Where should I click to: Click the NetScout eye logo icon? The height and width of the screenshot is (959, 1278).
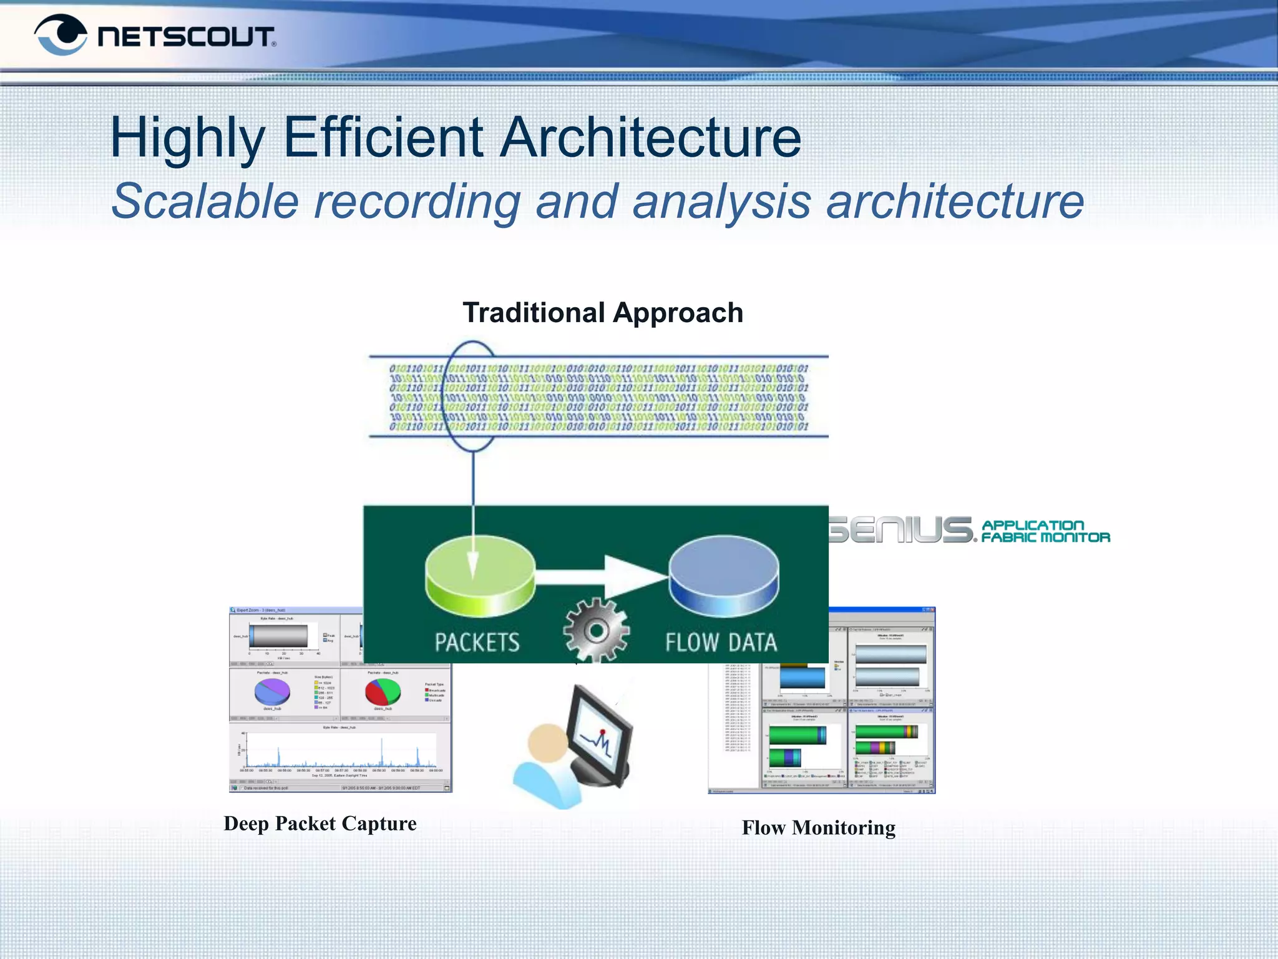click(x=61, y=35)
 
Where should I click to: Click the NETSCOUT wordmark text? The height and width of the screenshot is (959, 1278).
click(x=186, y=37)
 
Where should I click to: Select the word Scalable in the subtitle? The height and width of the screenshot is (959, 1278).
click(x=205, y=202)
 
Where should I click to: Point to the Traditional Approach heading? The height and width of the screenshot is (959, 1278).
click(x=603, y=313)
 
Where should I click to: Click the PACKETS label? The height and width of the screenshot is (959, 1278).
click(x=477, y=642)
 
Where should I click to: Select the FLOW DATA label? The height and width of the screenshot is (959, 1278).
click(x=721, y=642)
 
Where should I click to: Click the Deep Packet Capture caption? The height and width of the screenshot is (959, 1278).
click(x=320, y=824)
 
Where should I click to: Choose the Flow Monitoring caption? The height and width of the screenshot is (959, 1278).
click(x=818, y=828)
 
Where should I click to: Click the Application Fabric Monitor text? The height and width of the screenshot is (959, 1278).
click(x=1045, y=531)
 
